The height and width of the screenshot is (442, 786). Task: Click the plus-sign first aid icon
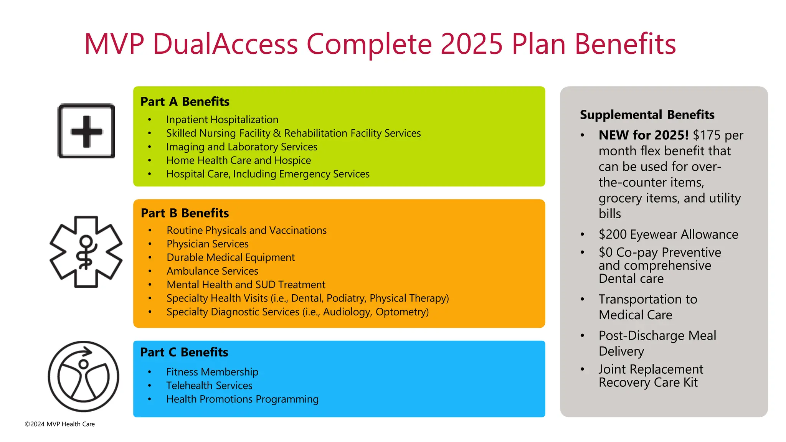point(86,131)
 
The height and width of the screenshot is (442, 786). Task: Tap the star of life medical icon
point(86,252)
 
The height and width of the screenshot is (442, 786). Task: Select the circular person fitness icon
point(84,376)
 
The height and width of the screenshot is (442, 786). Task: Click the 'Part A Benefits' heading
point(185,102)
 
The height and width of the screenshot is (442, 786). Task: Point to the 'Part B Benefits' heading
point(185,213)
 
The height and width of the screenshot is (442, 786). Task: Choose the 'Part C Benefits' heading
point(184,352)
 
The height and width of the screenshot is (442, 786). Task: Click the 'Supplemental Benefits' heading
point(647,115)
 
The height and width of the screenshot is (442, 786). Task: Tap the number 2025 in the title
point(471,44)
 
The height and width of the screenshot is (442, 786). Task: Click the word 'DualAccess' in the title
point(225,44)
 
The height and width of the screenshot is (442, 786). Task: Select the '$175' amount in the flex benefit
point(707,135)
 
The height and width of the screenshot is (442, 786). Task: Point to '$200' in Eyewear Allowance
point(613,234)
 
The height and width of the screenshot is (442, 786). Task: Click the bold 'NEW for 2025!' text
point(644,135)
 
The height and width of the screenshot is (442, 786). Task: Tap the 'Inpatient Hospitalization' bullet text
point(222,120)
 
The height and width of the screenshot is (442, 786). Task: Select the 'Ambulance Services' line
point(212,271)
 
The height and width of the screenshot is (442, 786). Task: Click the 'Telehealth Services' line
point(209,386)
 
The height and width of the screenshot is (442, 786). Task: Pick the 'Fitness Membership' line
point(212,372)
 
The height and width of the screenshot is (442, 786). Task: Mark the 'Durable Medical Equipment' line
point(231,257)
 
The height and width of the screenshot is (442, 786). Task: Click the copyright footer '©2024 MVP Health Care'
point(60,424)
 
